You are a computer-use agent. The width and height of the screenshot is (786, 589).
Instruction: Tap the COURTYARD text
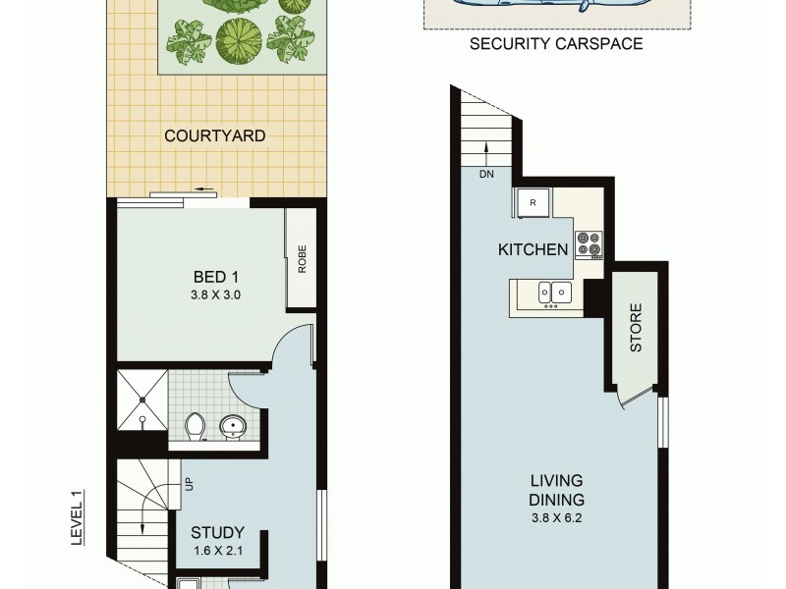[x=214, y=135]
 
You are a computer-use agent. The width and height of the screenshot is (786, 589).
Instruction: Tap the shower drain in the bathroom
[x=142, y=400]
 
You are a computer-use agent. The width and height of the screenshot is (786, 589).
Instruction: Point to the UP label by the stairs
[x=187, y=484]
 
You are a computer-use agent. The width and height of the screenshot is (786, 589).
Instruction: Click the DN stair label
[x=486, y=175]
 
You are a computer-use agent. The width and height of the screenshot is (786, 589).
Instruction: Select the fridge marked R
[x=533, y=202]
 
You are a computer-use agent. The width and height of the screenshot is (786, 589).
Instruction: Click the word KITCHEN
[x=533, y=249]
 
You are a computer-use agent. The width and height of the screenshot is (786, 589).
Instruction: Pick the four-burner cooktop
[x=588, y=243]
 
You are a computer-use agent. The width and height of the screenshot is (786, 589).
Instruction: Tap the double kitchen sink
[x=549, y=292]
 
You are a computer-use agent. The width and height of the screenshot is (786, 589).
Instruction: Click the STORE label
[x=636, y=328]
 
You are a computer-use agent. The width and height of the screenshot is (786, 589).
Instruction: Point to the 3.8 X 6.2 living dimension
[x=556, y=517]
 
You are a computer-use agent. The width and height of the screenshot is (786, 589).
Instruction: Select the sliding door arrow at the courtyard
[x=204, y=190]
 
